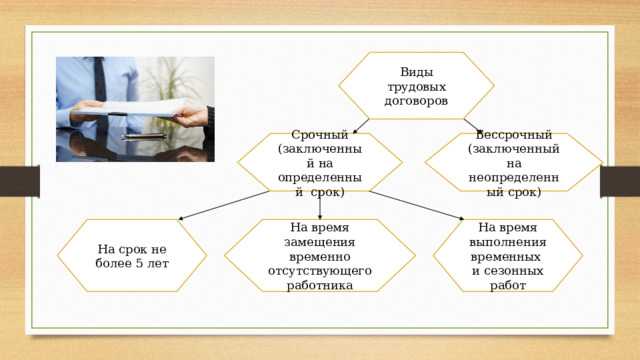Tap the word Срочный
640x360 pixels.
[x=319, y=134]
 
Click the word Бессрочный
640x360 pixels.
[x=513, y=134]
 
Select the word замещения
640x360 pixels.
[x=319, y=242]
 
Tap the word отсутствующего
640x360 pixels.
[x=319, y=270]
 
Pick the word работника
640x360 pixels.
[x=319, y=285]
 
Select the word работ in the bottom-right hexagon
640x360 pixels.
[x=508, y=285]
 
